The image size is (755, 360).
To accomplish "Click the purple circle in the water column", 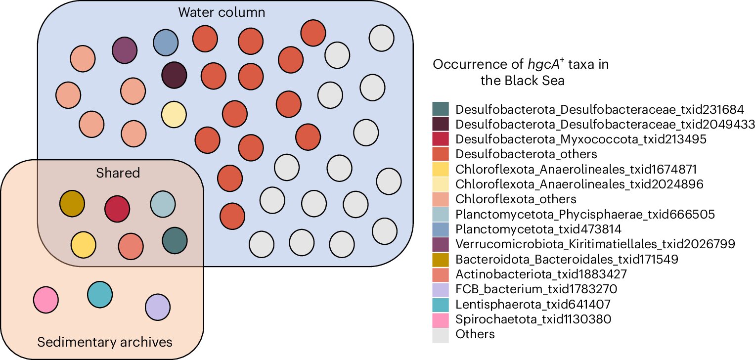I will point(124,49).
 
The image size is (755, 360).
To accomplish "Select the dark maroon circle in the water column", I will point(175,76).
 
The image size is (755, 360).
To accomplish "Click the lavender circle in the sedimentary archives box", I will point(158,307).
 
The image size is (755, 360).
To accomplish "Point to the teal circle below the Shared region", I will point(100,294).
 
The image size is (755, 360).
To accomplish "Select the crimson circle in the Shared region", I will point(117,208).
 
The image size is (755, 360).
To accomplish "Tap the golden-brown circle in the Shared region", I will point(72,203).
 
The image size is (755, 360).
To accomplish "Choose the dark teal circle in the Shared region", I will point(175,241).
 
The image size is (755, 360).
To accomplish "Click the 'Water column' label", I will point(222,12).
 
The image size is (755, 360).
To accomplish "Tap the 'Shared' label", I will point(118,173).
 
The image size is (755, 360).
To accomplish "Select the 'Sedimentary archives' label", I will point(105,342).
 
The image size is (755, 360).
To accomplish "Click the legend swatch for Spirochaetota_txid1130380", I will point(441,319).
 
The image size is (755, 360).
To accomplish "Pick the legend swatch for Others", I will point(441,334).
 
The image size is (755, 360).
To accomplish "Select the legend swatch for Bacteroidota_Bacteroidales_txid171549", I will point(441,259).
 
